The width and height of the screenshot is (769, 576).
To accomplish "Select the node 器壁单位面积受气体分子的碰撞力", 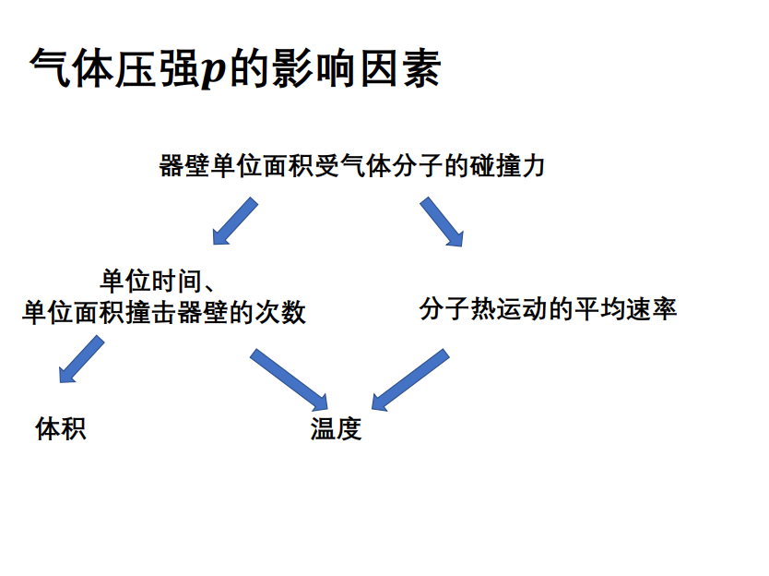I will click(352, 166).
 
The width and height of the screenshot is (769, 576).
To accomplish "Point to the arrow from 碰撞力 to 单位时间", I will click(234, 222).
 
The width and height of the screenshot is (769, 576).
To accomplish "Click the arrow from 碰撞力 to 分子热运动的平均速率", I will click(442, 222).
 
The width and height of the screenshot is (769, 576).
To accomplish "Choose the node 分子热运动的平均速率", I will click(548, 308).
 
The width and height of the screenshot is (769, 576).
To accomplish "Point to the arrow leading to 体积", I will click(80, 359).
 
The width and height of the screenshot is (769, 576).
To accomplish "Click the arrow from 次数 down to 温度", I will click(290, 378).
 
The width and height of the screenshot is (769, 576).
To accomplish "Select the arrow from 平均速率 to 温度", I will click(409, 379).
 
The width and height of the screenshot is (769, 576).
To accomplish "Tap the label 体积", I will click(61, 428).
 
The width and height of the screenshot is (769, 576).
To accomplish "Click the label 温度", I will click(336, 429).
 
